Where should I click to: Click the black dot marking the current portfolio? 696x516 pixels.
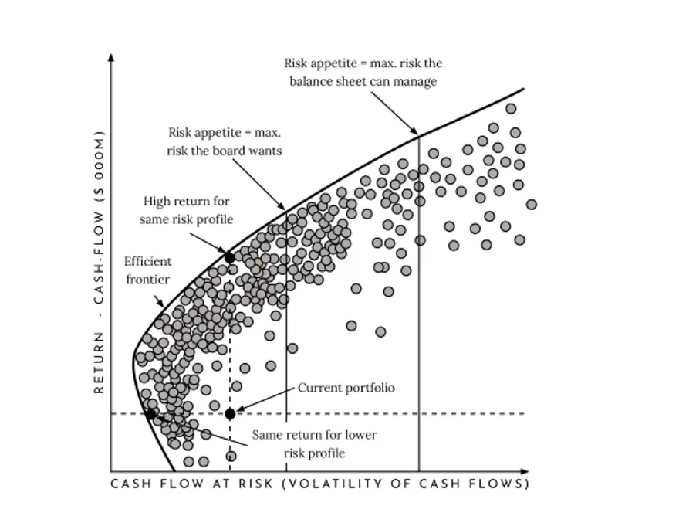[x=230, y=414]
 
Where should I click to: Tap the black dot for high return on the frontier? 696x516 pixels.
[x=229, y=257]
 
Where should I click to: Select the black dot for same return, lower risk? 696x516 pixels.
[x=150, y=414]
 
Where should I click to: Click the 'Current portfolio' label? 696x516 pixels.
[x=346, y=388]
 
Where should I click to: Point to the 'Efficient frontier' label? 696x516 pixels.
[x=148, y=270]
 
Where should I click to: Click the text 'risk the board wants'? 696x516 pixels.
[x=224, y=151]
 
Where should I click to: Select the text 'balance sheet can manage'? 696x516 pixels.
[x=363, y=81]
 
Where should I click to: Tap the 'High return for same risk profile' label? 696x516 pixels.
[x=187, y=210]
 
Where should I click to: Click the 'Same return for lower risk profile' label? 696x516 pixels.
[x=314, y=444]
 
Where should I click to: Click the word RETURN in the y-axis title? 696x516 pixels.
[x=99, y=362]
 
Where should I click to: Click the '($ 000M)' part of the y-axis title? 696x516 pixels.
[x=99, y=167]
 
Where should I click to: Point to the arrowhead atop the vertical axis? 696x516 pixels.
[x=111, y=58]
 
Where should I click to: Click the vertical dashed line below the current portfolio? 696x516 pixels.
[x=230, y=444]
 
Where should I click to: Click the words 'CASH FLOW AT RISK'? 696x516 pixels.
[x=192, y=484]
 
